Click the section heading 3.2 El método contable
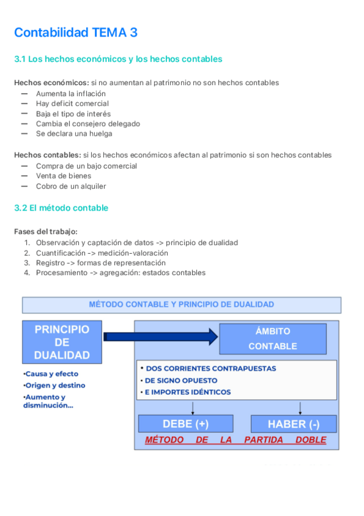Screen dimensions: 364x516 tap(61, 208)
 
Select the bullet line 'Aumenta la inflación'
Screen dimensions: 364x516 tap(70, 94)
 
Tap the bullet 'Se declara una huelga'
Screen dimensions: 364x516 tap(74, 134)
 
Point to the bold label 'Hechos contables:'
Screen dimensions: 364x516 tap(47, 155)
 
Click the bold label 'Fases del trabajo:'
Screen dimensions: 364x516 tap(46, 232)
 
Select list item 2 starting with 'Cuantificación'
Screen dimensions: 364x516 tap(101, 253)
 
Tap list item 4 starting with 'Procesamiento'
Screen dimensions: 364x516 tap(120, 273)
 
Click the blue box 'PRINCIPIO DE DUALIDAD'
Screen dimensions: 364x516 tap(61, 342)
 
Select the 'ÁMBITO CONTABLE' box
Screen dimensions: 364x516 tap(272, 339)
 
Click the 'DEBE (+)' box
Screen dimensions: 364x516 tap(185, 424)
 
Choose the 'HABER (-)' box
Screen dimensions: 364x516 tap(294, 424)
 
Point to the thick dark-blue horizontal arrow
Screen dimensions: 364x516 tap(160, 336)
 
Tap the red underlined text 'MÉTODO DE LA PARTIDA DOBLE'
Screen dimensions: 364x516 tap(235, 440)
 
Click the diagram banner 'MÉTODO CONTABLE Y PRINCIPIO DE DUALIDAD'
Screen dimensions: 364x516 tap(181, 305)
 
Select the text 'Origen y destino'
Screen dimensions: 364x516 tap(54, 385)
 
